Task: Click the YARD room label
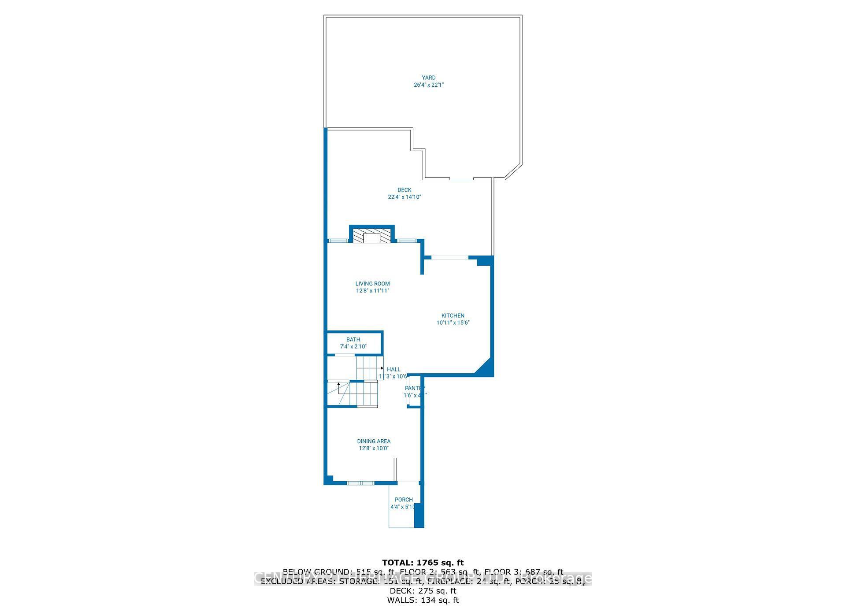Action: coord(428,78)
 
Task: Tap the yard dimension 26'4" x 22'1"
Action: coord(428,85)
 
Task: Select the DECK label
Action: coord(404,190)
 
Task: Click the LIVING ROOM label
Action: coord(372,284)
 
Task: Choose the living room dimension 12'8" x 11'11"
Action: coord(372,291)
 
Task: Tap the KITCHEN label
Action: coord(453,315)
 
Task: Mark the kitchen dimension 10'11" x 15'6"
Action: coord(453,323)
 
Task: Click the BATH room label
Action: coord(353,339)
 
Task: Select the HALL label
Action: coord(393,369)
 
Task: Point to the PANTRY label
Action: coord(415,388)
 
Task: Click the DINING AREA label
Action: coord(373,441)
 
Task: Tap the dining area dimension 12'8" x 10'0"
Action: coord(373,449)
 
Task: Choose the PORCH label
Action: coord(403,500)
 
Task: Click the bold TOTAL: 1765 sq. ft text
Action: coord(423,563)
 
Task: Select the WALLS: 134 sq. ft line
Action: coord(423,600)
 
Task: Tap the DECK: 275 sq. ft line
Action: coord(423,591)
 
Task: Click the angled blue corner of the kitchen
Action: coord(485,368)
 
